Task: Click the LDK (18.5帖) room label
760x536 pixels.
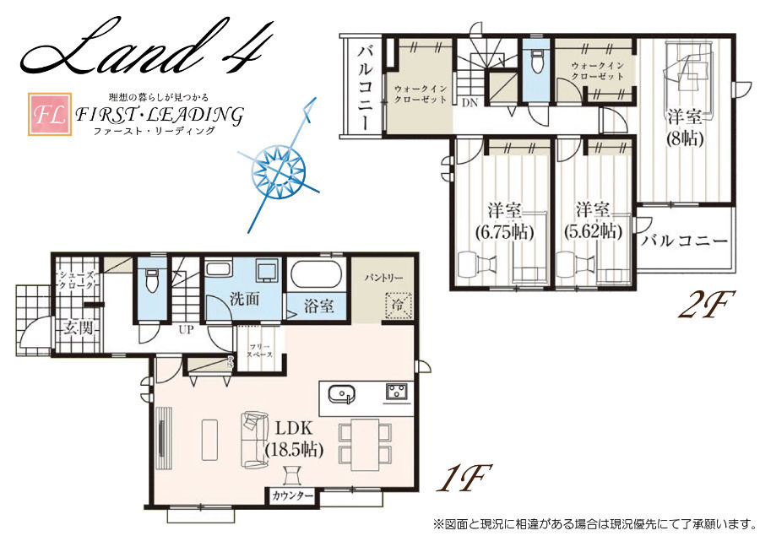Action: point(295,439)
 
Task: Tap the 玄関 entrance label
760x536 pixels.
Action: point(78,328)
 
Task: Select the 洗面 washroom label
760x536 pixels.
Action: point(244,299)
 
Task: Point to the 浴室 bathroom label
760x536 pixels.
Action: point(318,306)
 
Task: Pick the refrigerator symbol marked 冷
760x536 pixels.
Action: point(399,306)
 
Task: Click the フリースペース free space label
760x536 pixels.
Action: point(260,350)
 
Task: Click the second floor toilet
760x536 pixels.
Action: point(536,61)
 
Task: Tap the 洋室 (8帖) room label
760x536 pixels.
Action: point(684,128)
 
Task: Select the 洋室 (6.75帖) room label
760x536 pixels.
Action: point(505,221)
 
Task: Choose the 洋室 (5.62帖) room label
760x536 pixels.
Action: point(593,221)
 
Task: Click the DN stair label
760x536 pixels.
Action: point(470,103)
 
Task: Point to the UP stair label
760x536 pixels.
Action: point(186,330)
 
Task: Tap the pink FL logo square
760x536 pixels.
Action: point(50,114)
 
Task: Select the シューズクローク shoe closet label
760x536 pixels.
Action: point(77,280)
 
